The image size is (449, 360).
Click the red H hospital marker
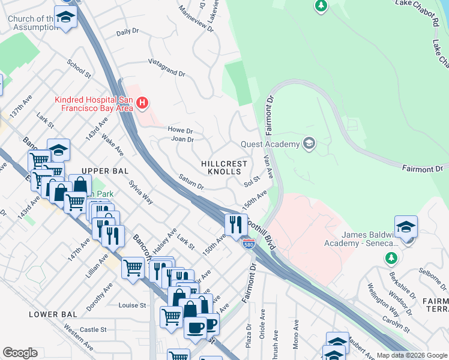(142, 103)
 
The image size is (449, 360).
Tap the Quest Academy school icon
(309, 143)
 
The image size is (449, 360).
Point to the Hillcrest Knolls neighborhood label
(224, 167)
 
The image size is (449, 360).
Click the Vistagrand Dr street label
(166, 68)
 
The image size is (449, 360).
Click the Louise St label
(133, 305)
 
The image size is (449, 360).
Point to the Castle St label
(93, 329)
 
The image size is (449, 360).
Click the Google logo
(20, 353)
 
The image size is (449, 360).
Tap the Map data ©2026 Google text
(412, 355)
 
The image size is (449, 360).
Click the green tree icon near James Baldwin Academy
(391, 257)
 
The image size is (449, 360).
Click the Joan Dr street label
(182, 139)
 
